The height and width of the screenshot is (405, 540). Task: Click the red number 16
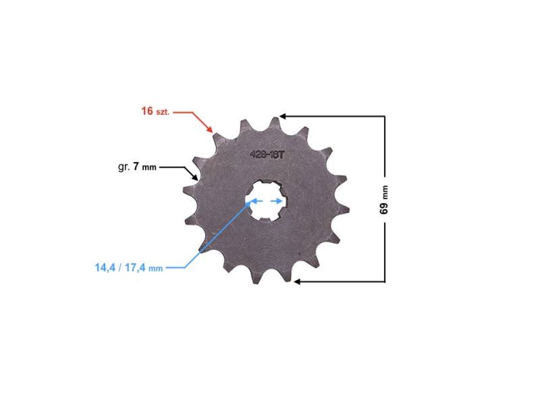(147, 111)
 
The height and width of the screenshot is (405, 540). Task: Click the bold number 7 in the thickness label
(136, 166)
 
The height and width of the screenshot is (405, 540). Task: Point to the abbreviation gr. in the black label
(124, 167)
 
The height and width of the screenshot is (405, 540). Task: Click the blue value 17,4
(135, 268)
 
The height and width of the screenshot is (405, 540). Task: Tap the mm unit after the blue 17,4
(155, 269)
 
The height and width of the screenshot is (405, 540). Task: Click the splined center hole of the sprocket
(266, 200)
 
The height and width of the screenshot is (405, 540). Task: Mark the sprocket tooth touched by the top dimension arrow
(274, 121)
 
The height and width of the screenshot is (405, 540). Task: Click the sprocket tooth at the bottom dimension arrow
(288, 276)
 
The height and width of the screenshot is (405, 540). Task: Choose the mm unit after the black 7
(150, 168)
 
